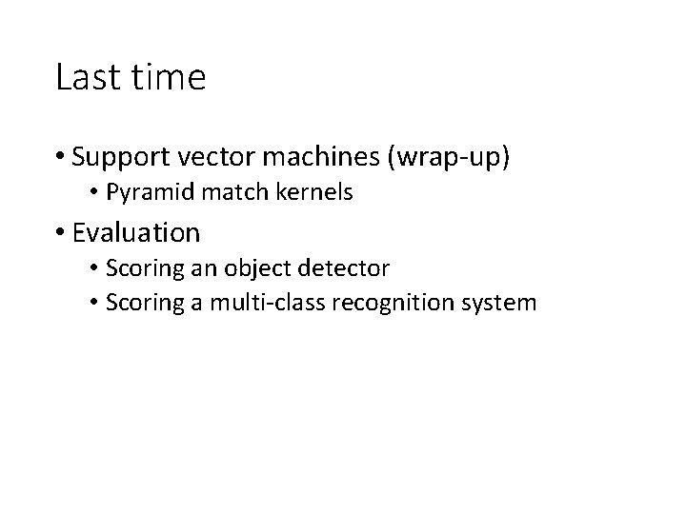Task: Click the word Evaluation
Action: (135, 232)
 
